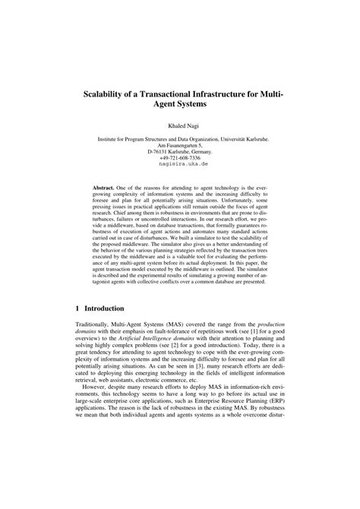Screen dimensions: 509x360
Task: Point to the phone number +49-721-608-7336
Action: [x=180, y=157]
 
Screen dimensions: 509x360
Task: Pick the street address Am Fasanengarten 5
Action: [x=180, y=145]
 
